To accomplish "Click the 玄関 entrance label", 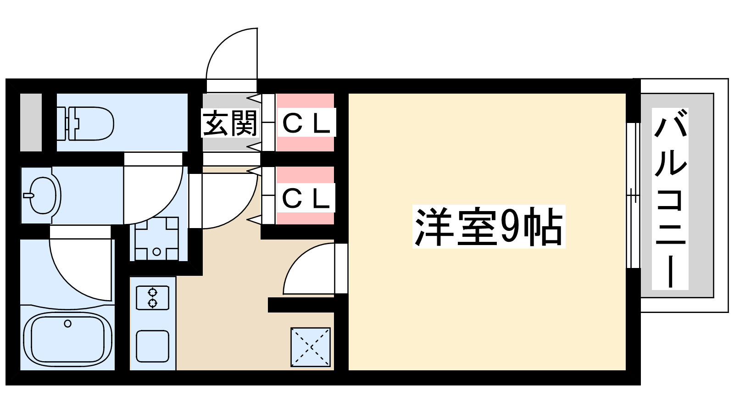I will (x=230, y=123).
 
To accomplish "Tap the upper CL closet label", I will (x=306, y=123).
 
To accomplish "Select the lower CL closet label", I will (x=306, y=198).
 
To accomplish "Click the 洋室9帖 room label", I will (x=489, y=227).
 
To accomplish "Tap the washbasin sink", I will (x=43, y=195).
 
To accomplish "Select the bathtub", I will (x=67, y=339).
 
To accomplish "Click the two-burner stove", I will (x=152, y=297).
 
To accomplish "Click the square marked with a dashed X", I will (x=311, y=347).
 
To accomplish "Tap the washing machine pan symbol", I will (x=156, y=239).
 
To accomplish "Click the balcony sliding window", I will (x=633, y=195).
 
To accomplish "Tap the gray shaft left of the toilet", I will (x=31, y=123).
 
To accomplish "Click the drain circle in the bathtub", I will (x=68, y=324).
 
